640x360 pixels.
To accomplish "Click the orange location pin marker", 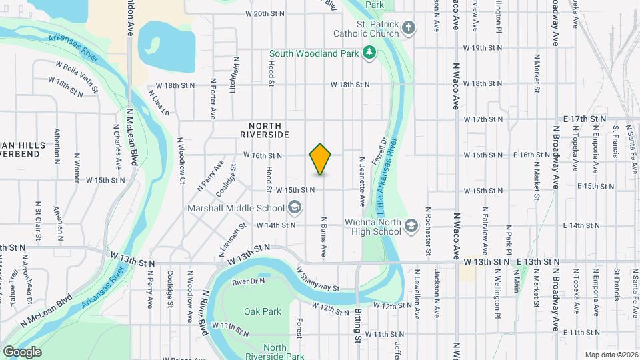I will click(x=321, y=159).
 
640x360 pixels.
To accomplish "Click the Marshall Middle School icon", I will click(x=294, y=208).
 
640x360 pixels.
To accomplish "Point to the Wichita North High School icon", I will click(x=411, y=225).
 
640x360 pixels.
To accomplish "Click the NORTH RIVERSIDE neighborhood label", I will click(x=265, y=130).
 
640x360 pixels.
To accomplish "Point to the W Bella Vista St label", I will click(x=77, y=77).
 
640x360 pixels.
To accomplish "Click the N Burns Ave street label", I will click(x=323, y=237).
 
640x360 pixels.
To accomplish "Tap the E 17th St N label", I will click(x=585, y=118).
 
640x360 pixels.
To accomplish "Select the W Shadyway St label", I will click(x=318, y=279).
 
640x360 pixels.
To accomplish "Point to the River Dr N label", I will click(x=249, y=282).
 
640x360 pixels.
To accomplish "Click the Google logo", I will click(x=22, y=351).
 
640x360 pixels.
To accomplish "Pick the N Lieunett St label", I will click(x=233, y=239).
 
